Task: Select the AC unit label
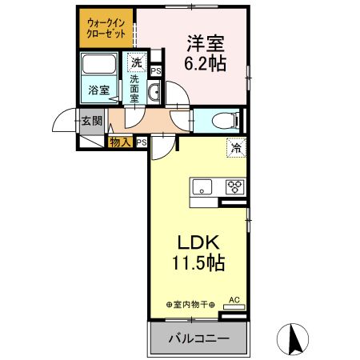[234, 300]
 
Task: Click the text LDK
[197, 242]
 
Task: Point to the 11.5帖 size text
[197, 262]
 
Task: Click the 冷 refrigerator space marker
[238, 147]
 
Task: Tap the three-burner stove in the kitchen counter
[234, 187]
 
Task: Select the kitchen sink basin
[202, 187]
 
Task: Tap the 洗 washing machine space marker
[137, 62]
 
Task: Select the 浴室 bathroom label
[98, 90]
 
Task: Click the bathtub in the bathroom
[99, 66]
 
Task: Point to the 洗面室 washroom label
[135, 87]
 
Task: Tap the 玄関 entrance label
[91, 122]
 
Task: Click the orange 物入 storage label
[121, 142]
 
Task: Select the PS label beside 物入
[142, 142]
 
